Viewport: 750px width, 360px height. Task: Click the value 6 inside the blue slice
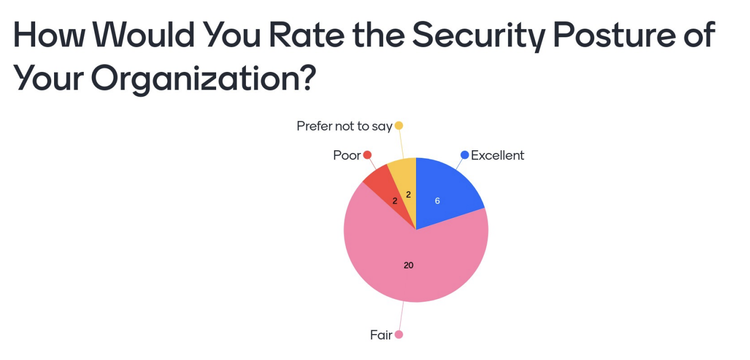pos(437,201)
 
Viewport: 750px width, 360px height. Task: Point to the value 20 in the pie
pos(409,265)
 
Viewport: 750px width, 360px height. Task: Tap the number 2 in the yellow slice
pos(409,195)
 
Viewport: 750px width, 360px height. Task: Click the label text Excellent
pos(498,156)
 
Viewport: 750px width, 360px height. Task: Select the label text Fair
pos(381,335)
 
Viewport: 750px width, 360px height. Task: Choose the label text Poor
pos(347,156)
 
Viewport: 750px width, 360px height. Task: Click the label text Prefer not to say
pos(344,126)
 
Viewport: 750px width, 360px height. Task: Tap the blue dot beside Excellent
pos(465,155)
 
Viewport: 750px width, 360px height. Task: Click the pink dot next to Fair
pos(399,335)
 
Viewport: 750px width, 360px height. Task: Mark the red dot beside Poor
pos(367,155)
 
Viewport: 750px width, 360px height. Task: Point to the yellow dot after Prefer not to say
pos(399,126)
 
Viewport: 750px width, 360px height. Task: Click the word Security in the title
pos(476,37)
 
